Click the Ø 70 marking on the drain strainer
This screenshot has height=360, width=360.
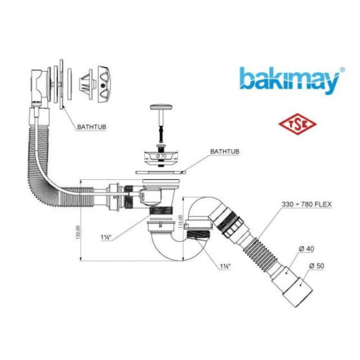(x=160, y=155)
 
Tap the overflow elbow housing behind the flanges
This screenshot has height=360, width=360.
(x=40, y=85)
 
